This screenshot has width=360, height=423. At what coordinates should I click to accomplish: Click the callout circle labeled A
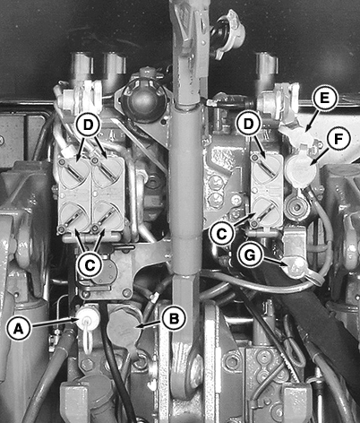click(x=19, y=328)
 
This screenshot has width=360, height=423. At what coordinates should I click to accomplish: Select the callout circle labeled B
click(x=174, y=318)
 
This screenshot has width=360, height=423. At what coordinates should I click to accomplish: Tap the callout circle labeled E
click(x=324, y=99)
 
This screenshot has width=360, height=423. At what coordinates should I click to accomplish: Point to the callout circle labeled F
click(x=338, y=140)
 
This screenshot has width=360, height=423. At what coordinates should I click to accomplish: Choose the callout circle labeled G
click(x=250, y=255)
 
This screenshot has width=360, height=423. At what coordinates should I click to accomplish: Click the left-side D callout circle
click(x=88, y=125)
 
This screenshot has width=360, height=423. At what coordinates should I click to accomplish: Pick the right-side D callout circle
click(x=248, y=125)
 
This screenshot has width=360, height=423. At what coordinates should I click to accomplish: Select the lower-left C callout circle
click(x=90, y=264)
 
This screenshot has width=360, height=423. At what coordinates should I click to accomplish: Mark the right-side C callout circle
click(x=221, y=234)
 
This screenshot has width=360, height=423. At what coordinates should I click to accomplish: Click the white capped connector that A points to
click(x=87, y=320)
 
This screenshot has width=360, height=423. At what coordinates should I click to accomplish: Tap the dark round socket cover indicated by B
click(x=122, y=329)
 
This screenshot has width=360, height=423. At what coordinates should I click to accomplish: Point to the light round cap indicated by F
click(x=300, y=170)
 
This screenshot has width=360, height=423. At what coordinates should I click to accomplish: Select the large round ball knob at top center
click(x=144, y=100)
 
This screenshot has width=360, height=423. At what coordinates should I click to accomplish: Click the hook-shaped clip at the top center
click(x=229, y=32)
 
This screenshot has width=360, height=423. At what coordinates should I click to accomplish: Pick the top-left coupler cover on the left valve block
click(x=74, y=173)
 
